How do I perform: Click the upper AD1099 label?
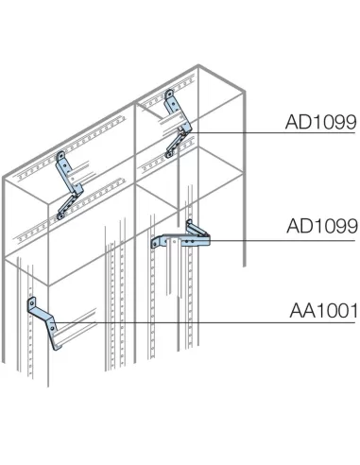(320, 122)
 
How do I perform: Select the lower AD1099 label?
(320, 226)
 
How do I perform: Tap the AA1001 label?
(320, 308)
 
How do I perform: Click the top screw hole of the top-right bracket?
(170, 94)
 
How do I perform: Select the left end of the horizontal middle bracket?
(156, 244)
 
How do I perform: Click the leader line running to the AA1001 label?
(189, 323)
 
